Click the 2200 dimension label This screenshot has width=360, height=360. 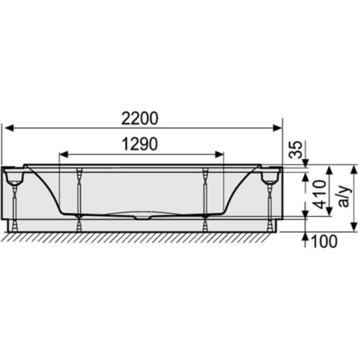142,117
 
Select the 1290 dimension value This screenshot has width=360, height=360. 137,144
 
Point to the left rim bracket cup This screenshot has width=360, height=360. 14,175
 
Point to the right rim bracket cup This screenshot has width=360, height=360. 271,175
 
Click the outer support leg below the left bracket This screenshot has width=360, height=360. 14,205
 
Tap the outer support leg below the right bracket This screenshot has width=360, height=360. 271,205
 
